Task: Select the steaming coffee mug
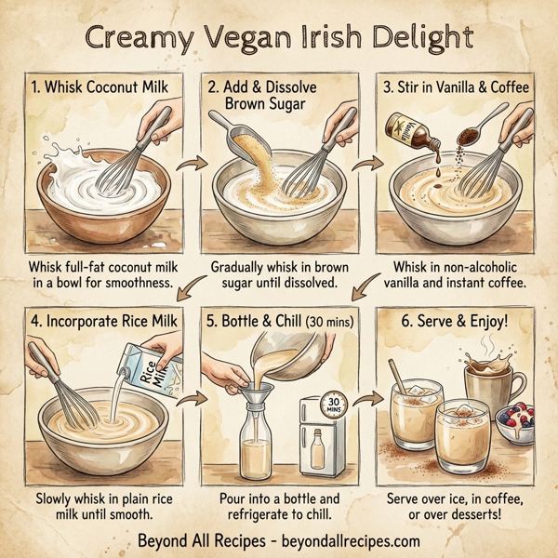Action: tap(489, 379)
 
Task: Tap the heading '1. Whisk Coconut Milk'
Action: tap(93, 91)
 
